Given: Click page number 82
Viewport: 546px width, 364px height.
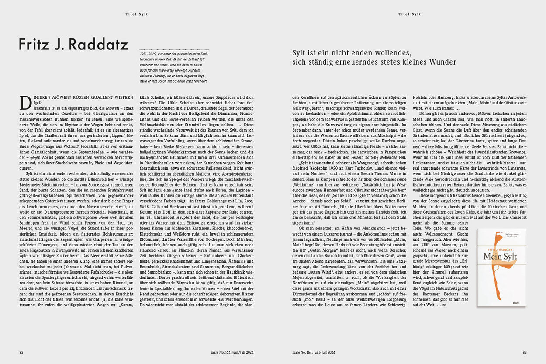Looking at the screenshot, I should point(21,352).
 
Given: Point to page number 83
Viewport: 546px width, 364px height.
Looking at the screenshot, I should point(525,352).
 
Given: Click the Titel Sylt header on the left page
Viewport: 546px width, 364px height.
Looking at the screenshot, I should point(136,14).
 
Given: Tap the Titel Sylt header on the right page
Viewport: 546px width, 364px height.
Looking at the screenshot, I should point(409,14).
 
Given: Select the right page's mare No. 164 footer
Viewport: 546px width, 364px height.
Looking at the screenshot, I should point(313,352).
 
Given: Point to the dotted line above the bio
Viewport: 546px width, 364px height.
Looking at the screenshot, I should point(174,49).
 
